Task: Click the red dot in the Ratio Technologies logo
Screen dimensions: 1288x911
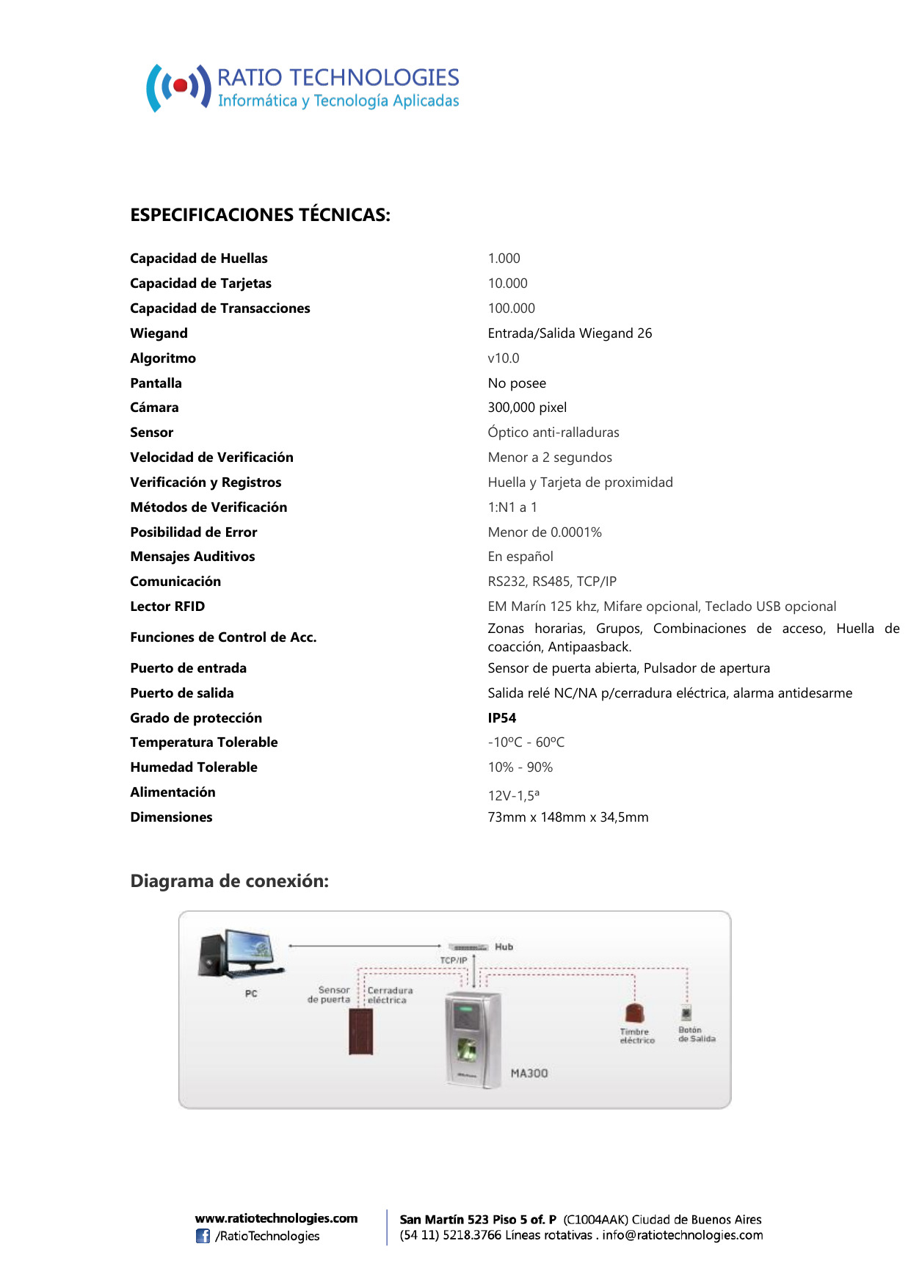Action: (180, 87)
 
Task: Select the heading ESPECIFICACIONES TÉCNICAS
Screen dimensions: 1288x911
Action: (260, 215)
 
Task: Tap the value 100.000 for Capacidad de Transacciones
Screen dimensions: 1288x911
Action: (512, 308)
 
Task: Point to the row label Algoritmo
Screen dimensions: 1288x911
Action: (163, 358)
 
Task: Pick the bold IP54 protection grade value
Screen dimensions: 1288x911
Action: (502, 718)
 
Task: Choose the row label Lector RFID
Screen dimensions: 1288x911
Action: (167, 607)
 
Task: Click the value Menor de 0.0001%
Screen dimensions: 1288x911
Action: (545, 532)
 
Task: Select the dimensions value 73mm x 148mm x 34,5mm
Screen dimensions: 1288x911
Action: (568, 817)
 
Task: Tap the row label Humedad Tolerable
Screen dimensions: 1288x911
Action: (194, 767)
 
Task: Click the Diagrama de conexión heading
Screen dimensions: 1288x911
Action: (229, 881)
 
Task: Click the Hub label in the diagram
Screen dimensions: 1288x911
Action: (504, 947)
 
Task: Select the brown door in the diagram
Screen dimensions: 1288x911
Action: (360, 1032)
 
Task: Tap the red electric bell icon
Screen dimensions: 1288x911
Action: (634, 1014)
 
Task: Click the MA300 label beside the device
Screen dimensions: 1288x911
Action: (529, 1074)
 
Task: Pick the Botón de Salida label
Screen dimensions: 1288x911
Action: (697, 1035)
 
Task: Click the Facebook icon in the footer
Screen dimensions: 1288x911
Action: (203, 1237)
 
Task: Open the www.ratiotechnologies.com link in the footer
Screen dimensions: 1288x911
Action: (276, 1219)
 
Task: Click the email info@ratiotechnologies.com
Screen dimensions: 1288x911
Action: (683, 1236)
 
